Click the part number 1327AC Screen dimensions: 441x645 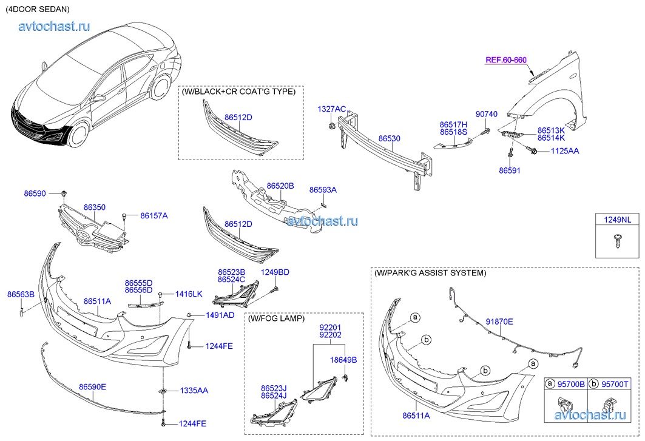(332, 109)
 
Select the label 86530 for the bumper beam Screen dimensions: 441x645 (390, 138)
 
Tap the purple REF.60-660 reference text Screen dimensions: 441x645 (505, 59)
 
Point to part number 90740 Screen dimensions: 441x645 (486, 114)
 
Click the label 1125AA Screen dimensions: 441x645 (565, 150)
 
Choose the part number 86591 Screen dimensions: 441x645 (510, 171)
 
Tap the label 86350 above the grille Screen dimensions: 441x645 (95, 207)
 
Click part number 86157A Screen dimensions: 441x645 (154, 215)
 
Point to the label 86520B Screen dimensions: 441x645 (280, 186)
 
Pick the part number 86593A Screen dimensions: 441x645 (323, 190)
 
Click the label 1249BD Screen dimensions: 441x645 (275, 272)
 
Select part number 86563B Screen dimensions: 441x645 (21, 294)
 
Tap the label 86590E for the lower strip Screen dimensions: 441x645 (92, 386)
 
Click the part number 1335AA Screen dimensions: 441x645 (194, 391)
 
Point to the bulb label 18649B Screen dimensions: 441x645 (343, 360)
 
